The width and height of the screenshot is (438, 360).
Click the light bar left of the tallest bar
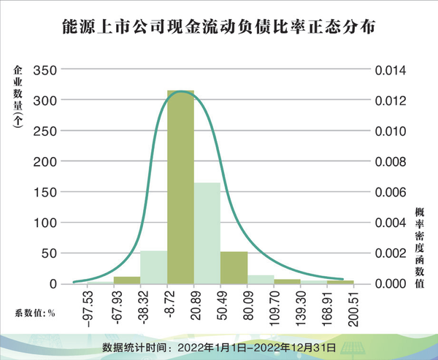click(x=153, y=267)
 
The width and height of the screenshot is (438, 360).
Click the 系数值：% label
click(x=34, y=313)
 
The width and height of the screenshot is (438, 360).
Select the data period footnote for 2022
click(x=219, y=346)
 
